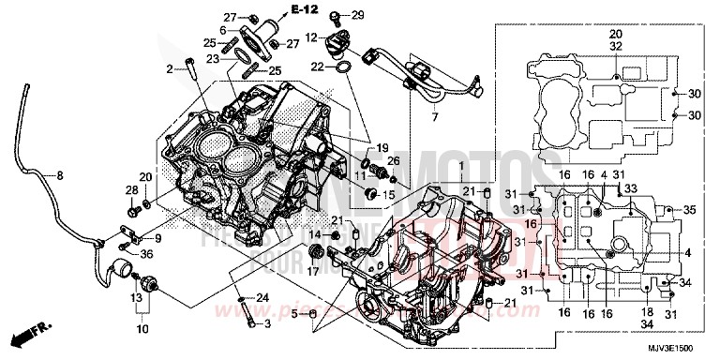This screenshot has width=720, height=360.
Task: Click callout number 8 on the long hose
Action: coord(59,175)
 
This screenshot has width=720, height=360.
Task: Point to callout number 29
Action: coord(358,14)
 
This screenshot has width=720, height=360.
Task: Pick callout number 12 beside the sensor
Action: coord(311,37)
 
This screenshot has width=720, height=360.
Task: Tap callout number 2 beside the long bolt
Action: coord(171,68)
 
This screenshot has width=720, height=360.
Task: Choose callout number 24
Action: coord(263,298)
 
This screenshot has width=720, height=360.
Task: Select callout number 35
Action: coord(691,209)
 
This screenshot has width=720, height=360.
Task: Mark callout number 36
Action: coord(147,253)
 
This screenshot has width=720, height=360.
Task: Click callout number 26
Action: coord(394,162)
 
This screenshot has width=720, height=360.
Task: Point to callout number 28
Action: coord(130,191)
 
